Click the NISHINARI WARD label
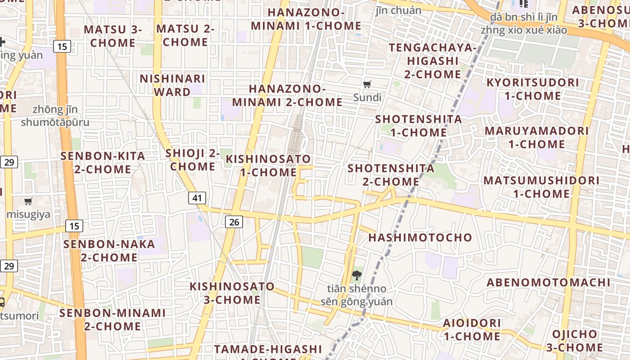(x=172, y=85)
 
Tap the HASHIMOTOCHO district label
(x=420, y=237)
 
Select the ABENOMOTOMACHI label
(x=549, y=282)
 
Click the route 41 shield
(x=197, y=198)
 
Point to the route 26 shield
(x=234, y=221)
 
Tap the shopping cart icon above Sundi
(x=367, y=84)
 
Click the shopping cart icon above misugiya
(x=28, y=201)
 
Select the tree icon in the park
(x=357, y=275)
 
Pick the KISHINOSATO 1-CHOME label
(x=268, y=165)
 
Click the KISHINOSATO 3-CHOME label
(x=232, y=292)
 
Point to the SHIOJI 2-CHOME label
(x=193, y=159)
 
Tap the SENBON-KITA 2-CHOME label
(x=103, y=162)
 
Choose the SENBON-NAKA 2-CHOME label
(x=109, y=251)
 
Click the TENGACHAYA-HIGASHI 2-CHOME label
(x=432, y=60)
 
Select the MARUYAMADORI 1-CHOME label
(x=536, y=137)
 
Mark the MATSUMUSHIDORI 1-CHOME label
(x=541, y=187)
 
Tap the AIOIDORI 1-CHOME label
(x=472, y=329)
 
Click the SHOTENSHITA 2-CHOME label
(x=391, y=175)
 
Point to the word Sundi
(x=367, y=97)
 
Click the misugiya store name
(x=28, y=214)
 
